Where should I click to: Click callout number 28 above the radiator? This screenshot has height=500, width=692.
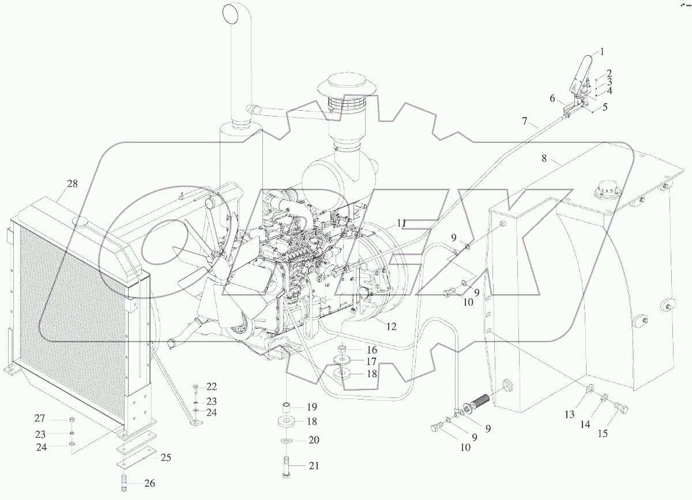point(72,184)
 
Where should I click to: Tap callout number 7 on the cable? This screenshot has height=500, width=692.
point(524,121)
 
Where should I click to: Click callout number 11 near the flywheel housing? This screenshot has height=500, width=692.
point(401,222)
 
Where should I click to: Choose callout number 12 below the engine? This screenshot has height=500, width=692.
point(391,326)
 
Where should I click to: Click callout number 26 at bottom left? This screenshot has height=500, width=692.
point(149,483)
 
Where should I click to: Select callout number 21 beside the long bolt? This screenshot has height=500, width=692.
point(314,465)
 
